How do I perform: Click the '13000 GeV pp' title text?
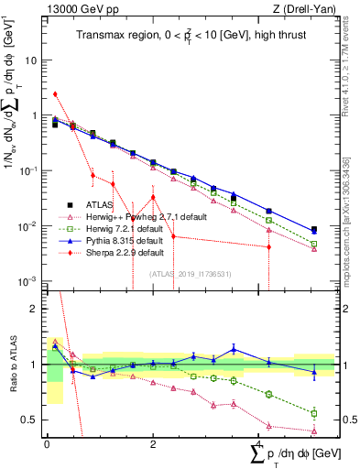[81, 9]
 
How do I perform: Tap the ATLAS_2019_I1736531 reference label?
[189, 273]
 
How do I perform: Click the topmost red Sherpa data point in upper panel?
[55, 93]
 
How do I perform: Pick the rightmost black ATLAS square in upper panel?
[314, 230]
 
